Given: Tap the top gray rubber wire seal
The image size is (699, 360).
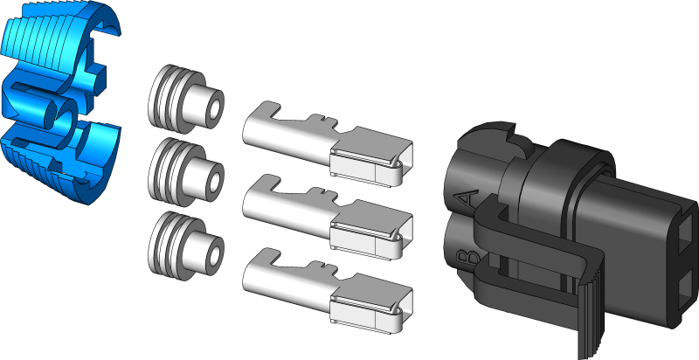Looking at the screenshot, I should point(183,100).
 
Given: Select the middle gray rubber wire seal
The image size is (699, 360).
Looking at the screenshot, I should point(183,170).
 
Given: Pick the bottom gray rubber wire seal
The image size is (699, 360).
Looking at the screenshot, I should point(183,240).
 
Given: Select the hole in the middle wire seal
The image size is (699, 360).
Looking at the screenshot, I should point(209,181).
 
